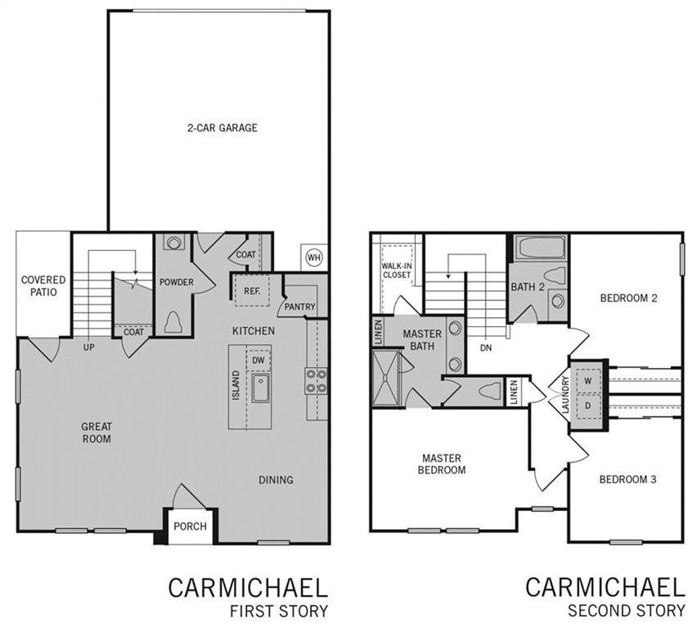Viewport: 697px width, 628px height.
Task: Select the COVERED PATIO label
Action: click(x=43, y=285)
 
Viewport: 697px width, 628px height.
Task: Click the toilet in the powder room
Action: click(x=174, y=321)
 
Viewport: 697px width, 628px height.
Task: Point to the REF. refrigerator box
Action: click(x=253, y=289)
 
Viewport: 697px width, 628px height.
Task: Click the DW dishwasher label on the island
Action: click(x=258, y=361)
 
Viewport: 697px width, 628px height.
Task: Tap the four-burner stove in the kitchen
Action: click(x=317, y=380)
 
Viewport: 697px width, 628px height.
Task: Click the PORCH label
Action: click(x=191, y=527)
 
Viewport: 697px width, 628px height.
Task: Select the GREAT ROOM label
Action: click(x=97, y=433)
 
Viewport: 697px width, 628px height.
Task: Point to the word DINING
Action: click(x=276, y=480)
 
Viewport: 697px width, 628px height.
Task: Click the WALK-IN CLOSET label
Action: click(x=397, y=270)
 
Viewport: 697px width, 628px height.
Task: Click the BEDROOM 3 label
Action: click(x=627, y=479)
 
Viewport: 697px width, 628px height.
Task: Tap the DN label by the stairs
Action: click(x=486, y=348)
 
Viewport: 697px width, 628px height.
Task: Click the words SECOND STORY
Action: click(x=627, y=611)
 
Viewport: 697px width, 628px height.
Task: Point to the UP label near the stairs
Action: click(x=88, y=348)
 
